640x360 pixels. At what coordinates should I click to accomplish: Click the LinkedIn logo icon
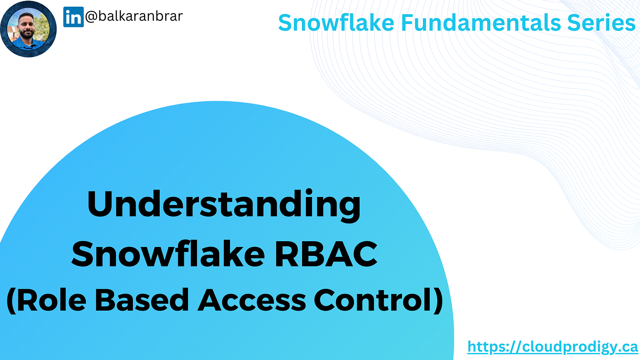coord(73,17)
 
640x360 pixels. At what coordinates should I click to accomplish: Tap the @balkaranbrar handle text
coord(133,16)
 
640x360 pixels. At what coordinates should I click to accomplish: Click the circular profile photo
coord(28,29)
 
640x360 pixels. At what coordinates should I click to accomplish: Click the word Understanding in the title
coord(224,205)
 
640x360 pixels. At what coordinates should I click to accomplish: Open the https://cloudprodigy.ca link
coord(552,347)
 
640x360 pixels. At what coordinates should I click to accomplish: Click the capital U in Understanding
coord(102,205)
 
